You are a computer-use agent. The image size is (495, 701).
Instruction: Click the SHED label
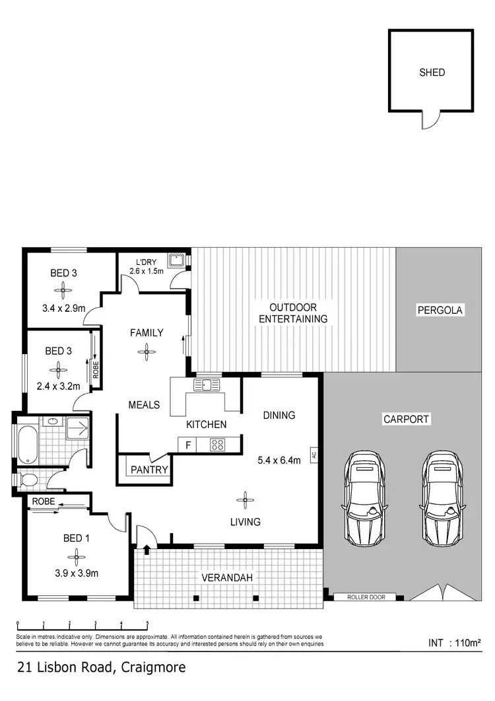pos(432,73)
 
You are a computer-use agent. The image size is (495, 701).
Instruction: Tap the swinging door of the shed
pos(430,120)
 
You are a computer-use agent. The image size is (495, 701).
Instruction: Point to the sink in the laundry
pos(176,260)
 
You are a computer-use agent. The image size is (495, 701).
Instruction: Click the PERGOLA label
pos(441,309)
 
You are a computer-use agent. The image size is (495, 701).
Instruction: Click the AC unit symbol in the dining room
pos(315,455)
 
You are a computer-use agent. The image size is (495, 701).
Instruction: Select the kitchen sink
pos(206,385)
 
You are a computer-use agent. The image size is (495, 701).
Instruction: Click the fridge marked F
pos(188,445)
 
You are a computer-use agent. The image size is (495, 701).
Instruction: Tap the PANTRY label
pos(149,470)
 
